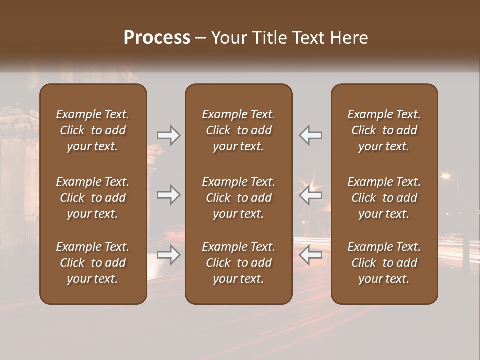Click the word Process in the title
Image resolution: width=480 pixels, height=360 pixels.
click(157, 38)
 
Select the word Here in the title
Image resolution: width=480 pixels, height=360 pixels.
click(349, 38)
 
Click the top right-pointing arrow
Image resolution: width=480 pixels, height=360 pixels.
click(168, 135)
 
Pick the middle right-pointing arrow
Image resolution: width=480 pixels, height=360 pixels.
click(168, 195)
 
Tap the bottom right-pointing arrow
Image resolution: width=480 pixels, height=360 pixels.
click(168, 255)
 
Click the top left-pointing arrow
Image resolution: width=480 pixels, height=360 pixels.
click(310, 135)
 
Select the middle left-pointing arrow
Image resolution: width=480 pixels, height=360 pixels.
click(310, 195)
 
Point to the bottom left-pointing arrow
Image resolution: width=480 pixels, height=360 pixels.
click(310, 255)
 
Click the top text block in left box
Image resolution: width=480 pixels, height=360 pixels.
click(93, 130)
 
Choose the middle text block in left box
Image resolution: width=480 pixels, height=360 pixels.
click(93, 198)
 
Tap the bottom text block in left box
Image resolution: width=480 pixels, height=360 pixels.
click(93, 263)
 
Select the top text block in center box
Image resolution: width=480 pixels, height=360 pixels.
click(238, 130)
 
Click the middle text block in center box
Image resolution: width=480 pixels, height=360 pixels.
click(238, 198)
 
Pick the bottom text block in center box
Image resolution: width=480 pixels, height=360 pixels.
click(238, 263)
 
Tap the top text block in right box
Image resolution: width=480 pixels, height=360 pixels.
click(384, 130)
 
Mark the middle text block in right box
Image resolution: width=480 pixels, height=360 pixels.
click(384, 198)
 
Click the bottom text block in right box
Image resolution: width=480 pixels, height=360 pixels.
click(384, 263)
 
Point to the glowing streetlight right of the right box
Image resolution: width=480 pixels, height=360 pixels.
click(445, 175)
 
